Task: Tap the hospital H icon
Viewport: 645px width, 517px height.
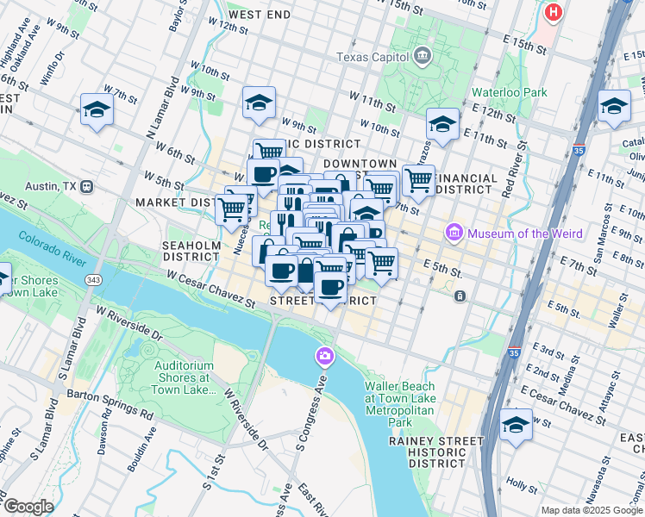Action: [x=554, y=12]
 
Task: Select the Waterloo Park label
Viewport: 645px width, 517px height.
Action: [x=509, y=92]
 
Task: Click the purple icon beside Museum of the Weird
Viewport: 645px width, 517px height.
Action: [x=454, y=233]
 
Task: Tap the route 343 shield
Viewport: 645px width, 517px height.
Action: [x=92, y=279]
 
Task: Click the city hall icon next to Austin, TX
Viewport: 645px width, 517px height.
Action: [x=86, y=186]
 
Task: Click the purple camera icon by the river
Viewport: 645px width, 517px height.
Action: [x=324, y=356]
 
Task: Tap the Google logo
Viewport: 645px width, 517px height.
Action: [x=28, y=507]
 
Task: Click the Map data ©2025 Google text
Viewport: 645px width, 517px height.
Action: [x=592, y=510]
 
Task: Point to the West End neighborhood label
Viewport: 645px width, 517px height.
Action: [x=260, y=15]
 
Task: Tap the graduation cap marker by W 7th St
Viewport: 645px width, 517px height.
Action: [x=97, y=109]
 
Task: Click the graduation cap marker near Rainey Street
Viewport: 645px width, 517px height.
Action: [x=516, y=425]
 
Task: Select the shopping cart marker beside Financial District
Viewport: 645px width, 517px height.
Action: [x=418, y=180]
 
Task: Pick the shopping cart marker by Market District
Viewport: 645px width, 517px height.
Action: [x=231, y=208]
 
